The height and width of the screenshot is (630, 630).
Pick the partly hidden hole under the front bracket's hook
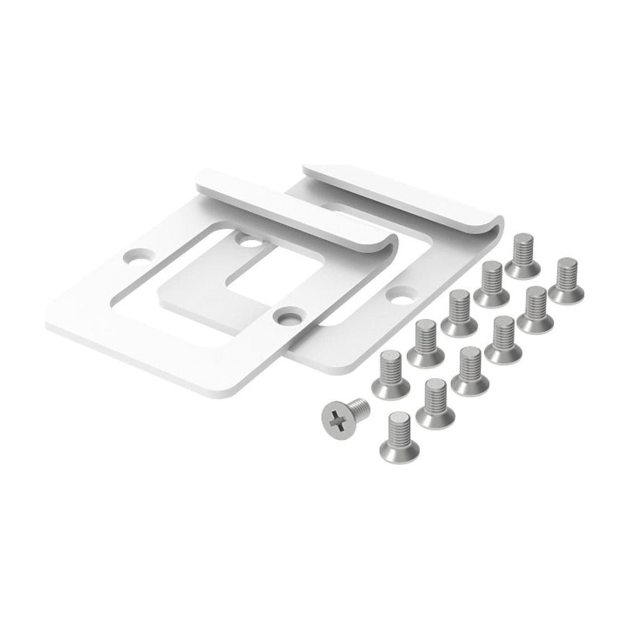(250, 241)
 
